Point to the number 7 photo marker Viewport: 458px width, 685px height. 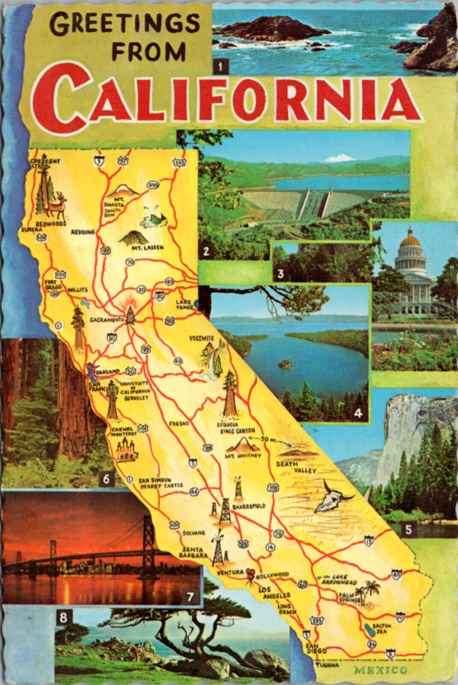point(190,596)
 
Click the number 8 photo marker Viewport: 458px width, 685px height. point(63,618)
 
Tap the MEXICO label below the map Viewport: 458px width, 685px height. point(381,670)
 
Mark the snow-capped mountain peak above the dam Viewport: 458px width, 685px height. point(339,159)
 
